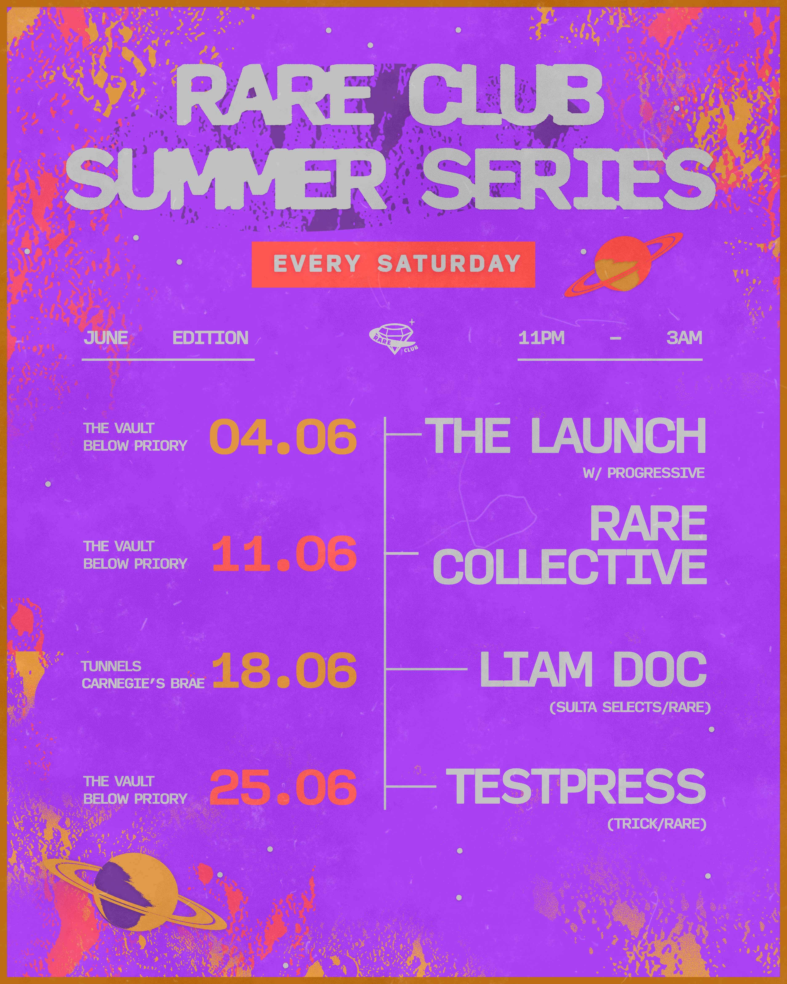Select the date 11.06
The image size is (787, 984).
click(284, 554)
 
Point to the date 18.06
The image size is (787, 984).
click(284, 670)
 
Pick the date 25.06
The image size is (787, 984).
click(283, 787)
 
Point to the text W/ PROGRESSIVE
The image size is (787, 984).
click(643, 473)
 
